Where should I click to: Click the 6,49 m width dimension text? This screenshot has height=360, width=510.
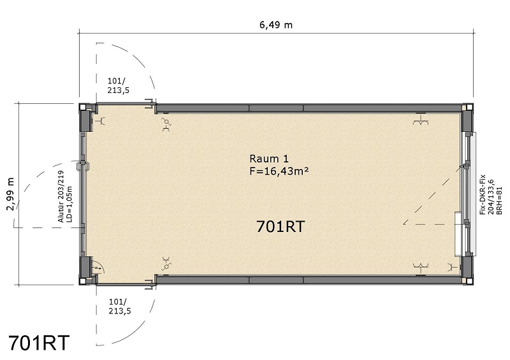click(275, 25)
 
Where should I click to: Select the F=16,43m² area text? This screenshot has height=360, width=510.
click(275, 171)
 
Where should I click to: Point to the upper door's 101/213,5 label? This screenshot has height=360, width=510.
click(118, 85)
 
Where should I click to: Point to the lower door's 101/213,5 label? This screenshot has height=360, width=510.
click(118, 306)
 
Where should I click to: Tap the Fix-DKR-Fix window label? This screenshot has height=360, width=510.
click(483, 192)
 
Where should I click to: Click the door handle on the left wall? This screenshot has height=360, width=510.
click(80, 166)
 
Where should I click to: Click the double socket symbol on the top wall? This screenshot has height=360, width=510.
click(419, 120)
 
